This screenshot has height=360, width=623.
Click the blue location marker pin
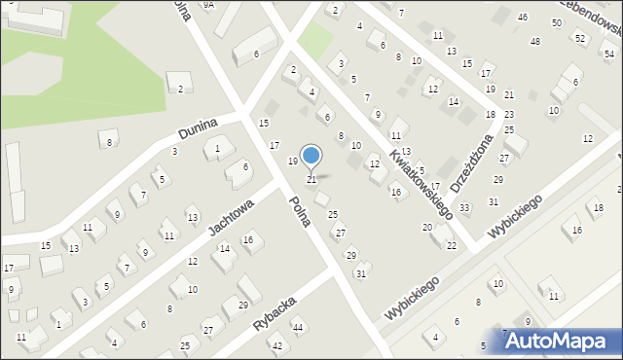[x=311, y=157]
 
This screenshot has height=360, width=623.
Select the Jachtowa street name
[x=231, y=218]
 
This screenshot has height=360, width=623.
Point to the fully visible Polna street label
[x=299, y=211]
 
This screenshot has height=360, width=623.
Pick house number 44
[x=298, y=327]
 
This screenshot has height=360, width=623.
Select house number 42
[x=276, y=346]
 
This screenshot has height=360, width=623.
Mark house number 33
[x=464, y=208]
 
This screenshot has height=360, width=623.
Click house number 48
[x=534, y=41]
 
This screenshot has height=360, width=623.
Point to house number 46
[x=523, y=18]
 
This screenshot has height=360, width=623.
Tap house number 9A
[x=208, y=5]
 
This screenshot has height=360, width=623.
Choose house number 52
[x=580, y=38]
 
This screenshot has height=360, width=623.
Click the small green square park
[x=313, y=40]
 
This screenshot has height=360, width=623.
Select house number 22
[x=451, y=245]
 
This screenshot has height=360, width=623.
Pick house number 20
[x=426, y=227]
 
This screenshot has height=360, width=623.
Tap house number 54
[x=607, y=54]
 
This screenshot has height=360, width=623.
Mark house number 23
[x=508, y=115]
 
